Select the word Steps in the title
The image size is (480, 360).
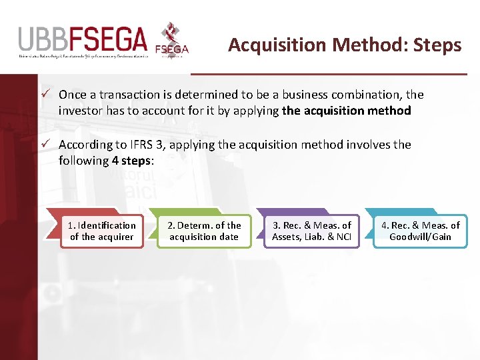437,45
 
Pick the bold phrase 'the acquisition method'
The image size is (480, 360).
346,111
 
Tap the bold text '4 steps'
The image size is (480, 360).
132,160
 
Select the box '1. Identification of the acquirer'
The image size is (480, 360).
102,231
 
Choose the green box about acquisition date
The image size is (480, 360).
204,231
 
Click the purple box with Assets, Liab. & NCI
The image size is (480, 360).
311,231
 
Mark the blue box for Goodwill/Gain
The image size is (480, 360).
420,231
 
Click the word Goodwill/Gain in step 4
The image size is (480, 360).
420,237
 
